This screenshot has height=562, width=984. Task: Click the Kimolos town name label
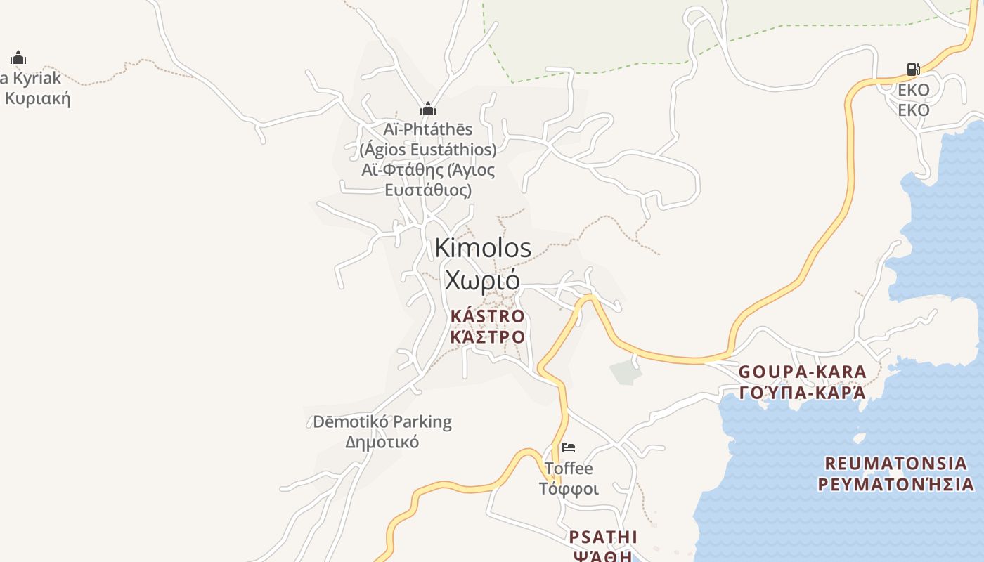click(483, 248)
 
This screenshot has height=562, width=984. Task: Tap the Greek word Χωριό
click(482, 280)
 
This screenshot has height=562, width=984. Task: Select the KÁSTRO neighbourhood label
click(487, 316)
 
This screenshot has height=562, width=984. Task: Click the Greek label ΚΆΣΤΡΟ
click(487, 336)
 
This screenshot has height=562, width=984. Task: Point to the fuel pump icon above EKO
click(913, 69)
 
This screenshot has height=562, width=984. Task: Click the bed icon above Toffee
click(569, 447)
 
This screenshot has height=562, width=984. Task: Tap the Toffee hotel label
click(569, 468)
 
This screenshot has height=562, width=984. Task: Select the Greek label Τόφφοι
click(569, 488)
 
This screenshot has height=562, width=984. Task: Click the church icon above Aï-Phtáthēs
click(428, 109)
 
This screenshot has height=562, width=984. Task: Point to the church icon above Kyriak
click(18, 57)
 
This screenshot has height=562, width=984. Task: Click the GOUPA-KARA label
click(802, 372)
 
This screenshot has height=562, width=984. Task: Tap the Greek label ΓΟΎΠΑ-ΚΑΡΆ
click(802, 392)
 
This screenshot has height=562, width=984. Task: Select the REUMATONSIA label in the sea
click(895, 464)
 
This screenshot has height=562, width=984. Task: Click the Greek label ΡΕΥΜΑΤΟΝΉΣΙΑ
click(895, 484)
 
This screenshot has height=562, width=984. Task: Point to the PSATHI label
click(603, 537)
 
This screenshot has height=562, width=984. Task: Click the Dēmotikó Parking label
click(382, 422)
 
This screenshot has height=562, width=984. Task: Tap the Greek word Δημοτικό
click(382, 442)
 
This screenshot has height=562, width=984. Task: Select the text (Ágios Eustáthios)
click(428, 150)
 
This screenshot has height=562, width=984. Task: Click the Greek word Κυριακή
click(38, 98)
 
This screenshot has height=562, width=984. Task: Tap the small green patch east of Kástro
click(626, 372)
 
